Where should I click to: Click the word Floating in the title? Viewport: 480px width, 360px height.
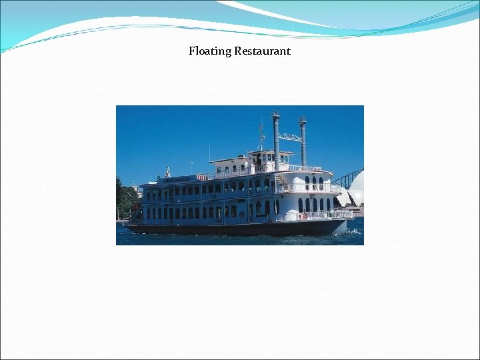[x=210, y=51]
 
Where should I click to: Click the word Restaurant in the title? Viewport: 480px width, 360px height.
[x=262, y=51]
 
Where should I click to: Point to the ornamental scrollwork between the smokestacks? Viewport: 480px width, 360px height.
[x=289, y=137]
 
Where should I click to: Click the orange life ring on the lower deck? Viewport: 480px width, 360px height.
[x=305, y=215]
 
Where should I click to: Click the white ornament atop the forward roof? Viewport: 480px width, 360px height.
[x=168, y=172]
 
